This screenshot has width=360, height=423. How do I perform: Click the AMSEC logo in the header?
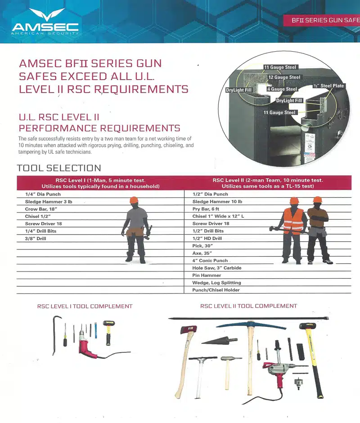pos(45,22)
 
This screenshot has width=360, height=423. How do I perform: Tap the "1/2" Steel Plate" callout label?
pos(328,86)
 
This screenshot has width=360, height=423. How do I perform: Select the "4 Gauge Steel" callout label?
pos(282,89)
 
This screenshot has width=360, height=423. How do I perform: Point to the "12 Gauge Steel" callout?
pos(284,77)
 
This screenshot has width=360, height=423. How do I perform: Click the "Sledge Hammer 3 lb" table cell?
pos(49,202)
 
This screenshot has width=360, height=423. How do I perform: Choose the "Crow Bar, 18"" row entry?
pos(41,209)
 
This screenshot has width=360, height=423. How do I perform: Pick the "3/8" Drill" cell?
pos(36,239)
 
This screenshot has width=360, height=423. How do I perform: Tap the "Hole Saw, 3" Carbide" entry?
pos(217,268)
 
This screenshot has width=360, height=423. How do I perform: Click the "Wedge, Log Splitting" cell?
pos(216,283)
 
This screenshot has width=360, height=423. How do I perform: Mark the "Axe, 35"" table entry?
pos(202,253)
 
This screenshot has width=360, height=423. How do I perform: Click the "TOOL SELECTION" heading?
pos(59,168)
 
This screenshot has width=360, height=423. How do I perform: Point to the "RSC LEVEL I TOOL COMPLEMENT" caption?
pos(85,307)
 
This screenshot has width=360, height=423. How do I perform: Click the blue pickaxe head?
pos(251,325)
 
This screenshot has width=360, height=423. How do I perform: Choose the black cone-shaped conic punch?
pos(219,340)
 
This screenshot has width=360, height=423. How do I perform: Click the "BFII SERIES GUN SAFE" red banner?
pos(322,20)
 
